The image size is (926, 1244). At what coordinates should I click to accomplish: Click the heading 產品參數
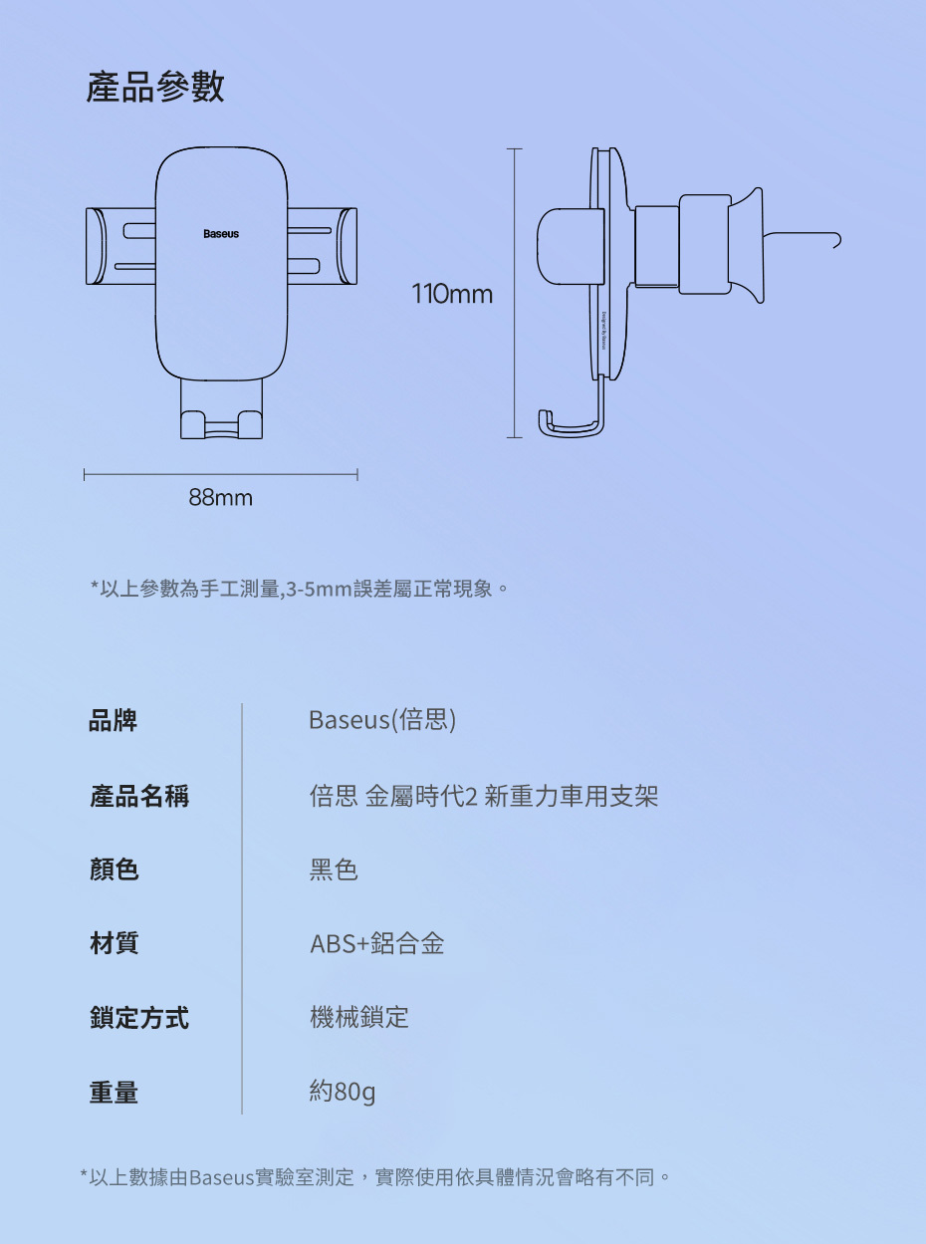(155, 88)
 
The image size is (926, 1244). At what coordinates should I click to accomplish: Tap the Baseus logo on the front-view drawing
(221, 234)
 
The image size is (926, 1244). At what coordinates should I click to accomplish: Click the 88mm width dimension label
(221, 497)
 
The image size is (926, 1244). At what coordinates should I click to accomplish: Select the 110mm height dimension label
(452, 295)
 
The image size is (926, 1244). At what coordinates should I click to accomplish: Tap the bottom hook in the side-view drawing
(570, 426)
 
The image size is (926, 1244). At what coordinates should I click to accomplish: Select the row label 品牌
(114, 720)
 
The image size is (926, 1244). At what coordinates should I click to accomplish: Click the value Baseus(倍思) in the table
(382, 720)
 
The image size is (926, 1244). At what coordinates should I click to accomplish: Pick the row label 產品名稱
(139, 796)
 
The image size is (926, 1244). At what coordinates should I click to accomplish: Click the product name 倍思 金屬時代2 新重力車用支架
(484, 796)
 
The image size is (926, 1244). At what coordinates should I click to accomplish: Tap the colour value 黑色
(334, 870)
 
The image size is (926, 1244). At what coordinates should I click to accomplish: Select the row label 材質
(114, 943)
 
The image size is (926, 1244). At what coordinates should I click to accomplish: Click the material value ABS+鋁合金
(376, 943)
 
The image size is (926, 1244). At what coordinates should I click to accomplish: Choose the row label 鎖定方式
(139, 1018)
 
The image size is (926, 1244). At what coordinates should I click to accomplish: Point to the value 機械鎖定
(359, 1018)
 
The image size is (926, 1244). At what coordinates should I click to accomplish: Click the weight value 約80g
(343, 1092)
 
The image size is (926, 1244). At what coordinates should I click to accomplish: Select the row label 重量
(114, 1092)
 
